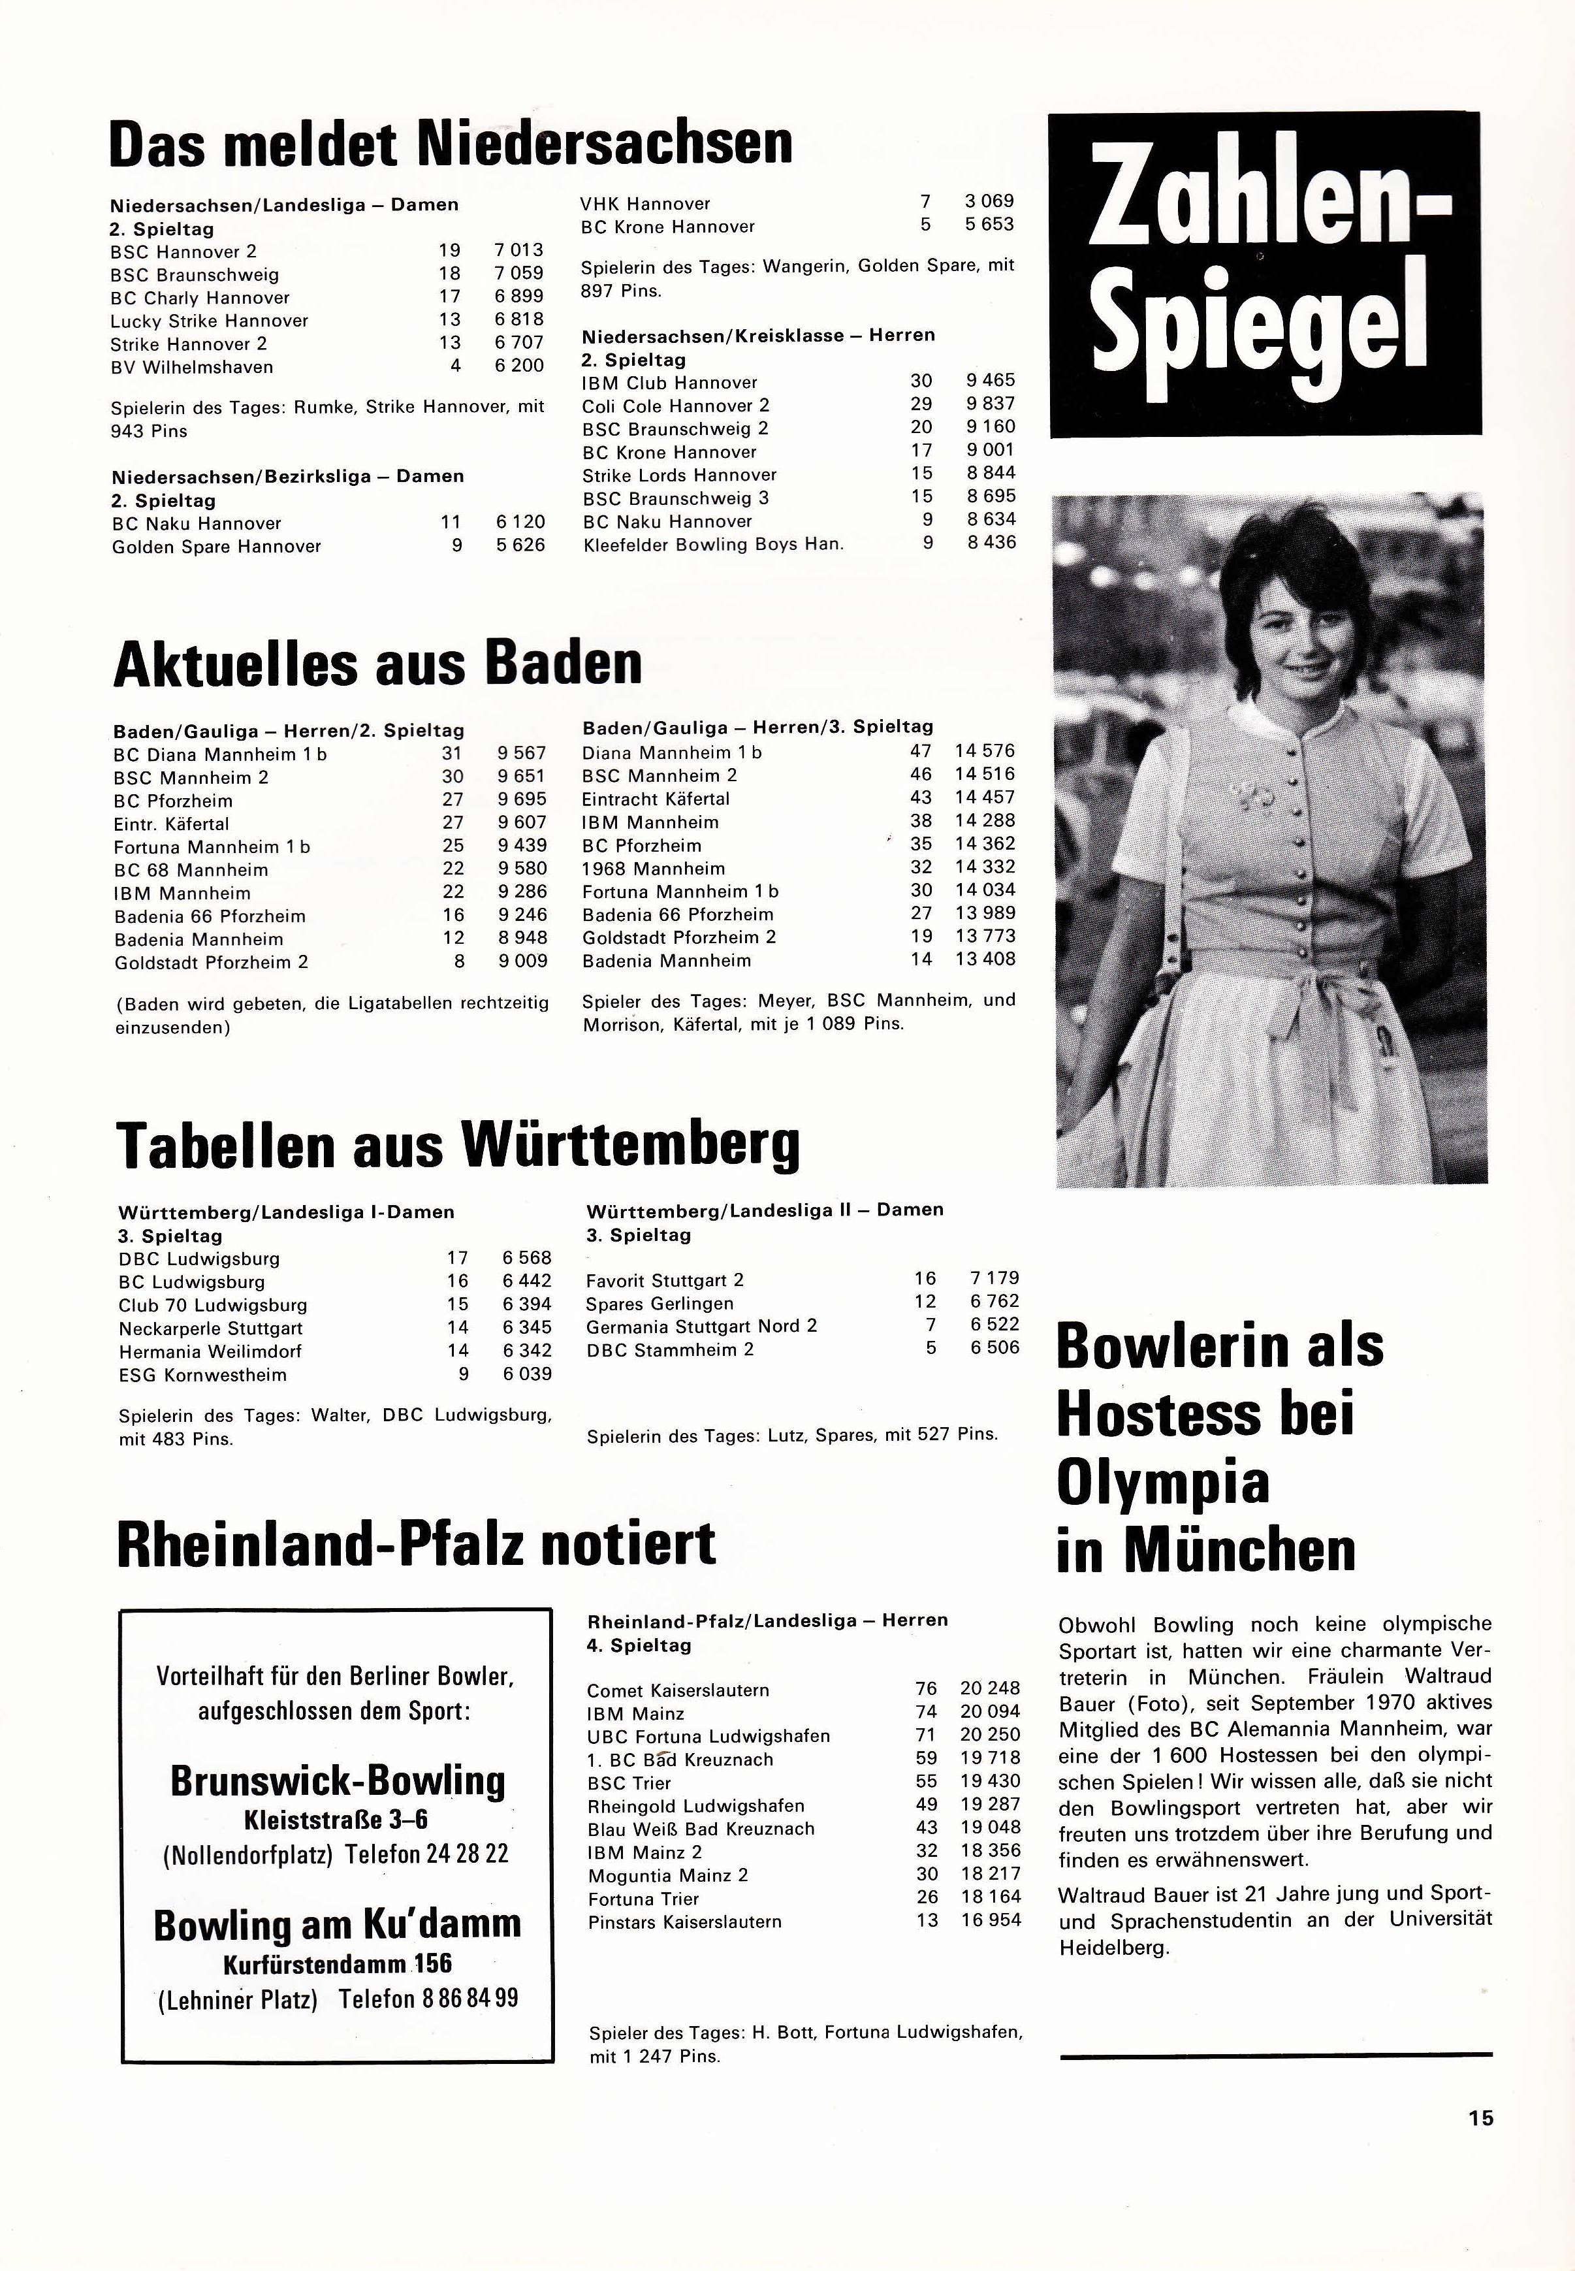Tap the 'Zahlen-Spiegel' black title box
(1264, 274)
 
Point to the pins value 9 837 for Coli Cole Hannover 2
(990, 404)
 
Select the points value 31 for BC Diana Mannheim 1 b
(452, 753)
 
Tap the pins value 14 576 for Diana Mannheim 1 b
(984, 751)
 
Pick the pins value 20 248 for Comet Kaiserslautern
(990, 1688)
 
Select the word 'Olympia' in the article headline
(1162, 1483)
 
